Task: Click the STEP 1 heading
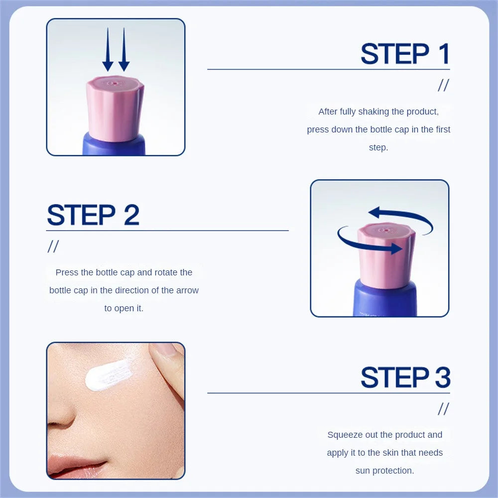pos(405,54)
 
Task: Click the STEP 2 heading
pos(93,215)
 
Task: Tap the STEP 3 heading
pos(405,377)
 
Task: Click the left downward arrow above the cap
pos(108,50)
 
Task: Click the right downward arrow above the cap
pos(124,50)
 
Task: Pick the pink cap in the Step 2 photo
pos(386,254)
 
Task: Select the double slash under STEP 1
pos(443,86)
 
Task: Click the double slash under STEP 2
pos(53,247)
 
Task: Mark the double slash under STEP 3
pos(443,409)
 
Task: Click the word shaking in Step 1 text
pos(373,112)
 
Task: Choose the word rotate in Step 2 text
pos(167,272)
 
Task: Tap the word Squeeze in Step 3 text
pos(345,435)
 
